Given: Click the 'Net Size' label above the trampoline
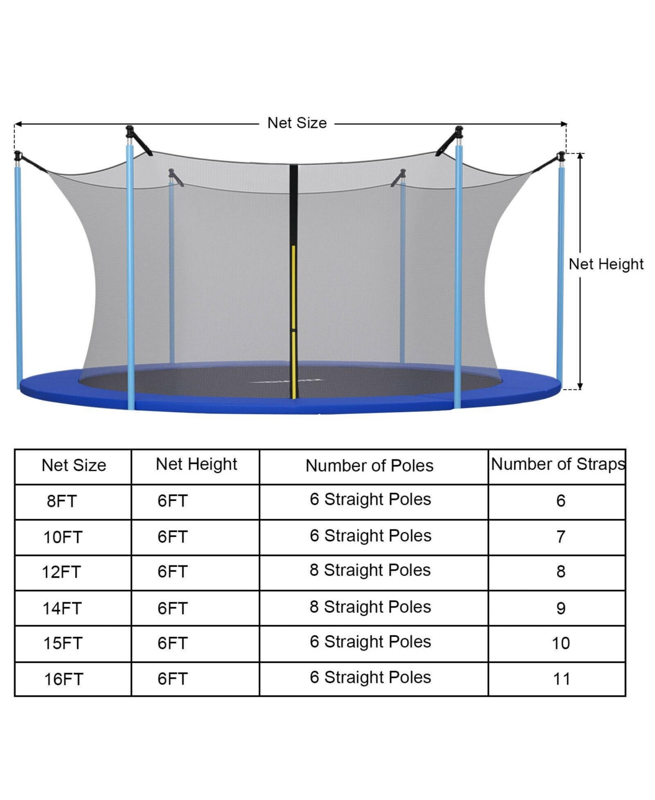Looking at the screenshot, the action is point(297,123).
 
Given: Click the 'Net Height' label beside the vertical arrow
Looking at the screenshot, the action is point(606,264).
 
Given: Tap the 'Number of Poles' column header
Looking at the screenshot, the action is point(369,465).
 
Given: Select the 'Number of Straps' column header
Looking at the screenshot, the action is point(557,464).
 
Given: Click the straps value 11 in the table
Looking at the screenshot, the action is point(561,679).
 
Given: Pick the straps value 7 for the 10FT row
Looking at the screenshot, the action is point(561,537).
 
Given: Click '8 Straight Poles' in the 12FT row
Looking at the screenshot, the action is point(370,570).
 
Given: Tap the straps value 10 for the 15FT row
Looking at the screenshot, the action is point(561,643).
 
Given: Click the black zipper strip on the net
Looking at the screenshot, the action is point(293,282).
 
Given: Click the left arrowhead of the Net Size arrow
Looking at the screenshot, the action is point(17,124).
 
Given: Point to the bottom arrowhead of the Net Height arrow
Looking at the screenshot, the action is point(580,386).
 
